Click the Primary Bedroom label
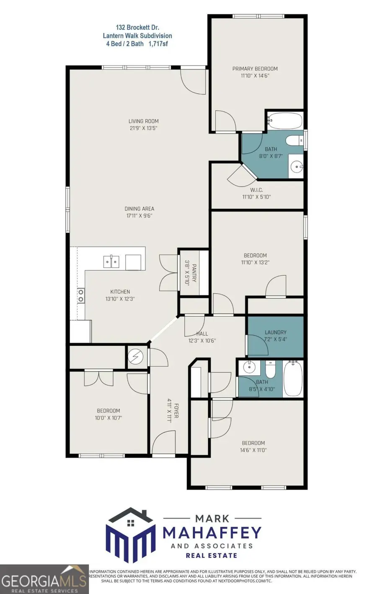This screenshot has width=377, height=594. (x=255, y=69)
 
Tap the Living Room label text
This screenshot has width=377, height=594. (x=143, y=122)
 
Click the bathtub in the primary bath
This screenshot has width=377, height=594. (x=285, y=121)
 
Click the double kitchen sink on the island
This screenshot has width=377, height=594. (x=111, y=262)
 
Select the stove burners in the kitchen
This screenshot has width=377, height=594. (x=80, y=296)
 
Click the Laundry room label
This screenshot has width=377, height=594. (x=275, y=332)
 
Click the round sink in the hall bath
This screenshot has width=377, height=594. (x=249, y=367)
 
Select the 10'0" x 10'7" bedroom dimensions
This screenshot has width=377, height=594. (x=108, y=418)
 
